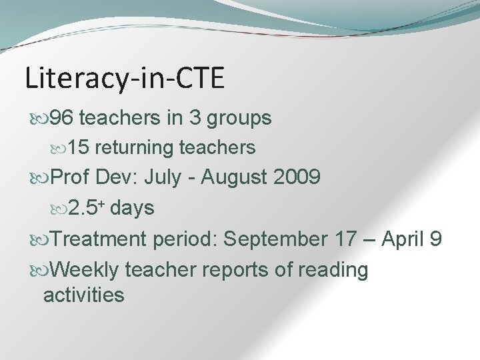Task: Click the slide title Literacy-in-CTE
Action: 125,78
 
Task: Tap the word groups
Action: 239,119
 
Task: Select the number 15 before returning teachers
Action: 79,147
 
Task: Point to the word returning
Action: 137,148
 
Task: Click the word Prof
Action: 70,178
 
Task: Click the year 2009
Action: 297,178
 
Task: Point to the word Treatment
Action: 98,239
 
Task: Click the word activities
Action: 83,294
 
